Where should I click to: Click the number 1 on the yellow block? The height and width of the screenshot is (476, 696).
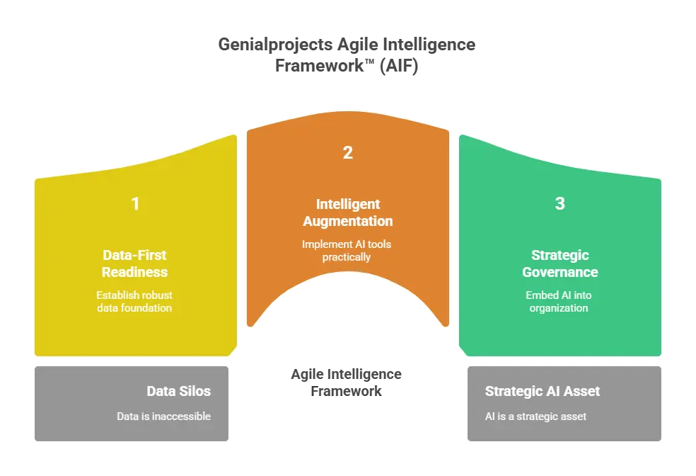[135, 204]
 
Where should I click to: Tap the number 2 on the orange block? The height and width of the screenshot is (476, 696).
[347, 152]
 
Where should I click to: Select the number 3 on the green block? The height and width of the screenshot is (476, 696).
[560, 204]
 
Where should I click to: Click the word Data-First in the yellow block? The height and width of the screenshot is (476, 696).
[135, 256]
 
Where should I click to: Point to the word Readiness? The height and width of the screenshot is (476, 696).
[135, 272]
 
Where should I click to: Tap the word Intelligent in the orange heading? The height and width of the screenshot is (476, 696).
[347, 204]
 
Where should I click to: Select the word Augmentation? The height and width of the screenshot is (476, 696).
[347, 221]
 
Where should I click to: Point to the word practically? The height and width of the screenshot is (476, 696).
[347, 256]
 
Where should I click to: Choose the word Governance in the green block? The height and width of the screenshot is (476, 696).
[560, 272]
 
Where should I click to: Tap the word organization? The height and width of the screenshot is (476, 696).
[559, 308]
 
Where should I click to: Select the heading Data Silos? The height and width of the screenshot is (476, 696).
[178, 391]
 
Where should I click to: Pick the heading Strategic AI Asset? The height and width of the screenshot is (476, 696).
[543, 391]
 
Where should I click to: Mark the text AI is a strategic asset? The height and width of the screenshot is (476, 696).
[535, 416]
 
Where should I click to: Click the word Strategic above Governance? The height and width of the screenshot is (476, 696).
[560, 255]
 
